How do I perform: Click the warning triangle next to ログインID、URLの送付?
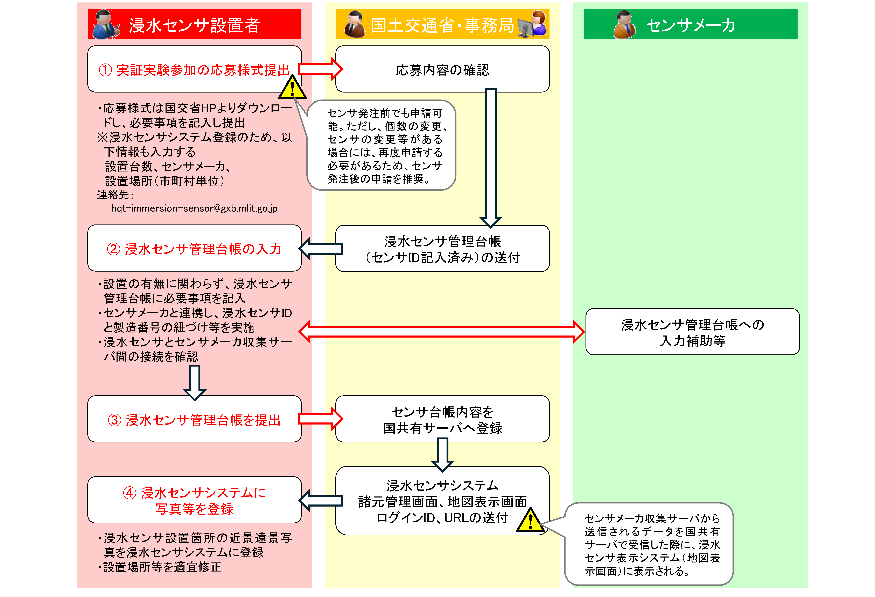tap(530, 521)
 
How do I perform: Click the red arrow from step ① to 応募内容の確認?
tap(320, 69)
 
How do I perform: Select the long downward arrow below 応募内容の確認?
tap(491, 158)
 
